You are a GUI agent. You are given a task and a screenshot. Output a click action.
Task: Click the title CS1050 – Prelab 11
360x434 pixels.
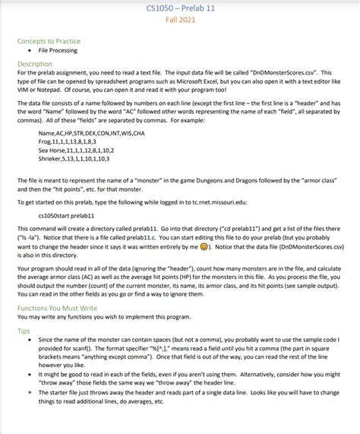179,7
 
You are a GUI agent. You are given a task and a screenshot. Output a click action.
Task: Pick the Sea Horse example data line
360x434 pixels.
74,150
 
